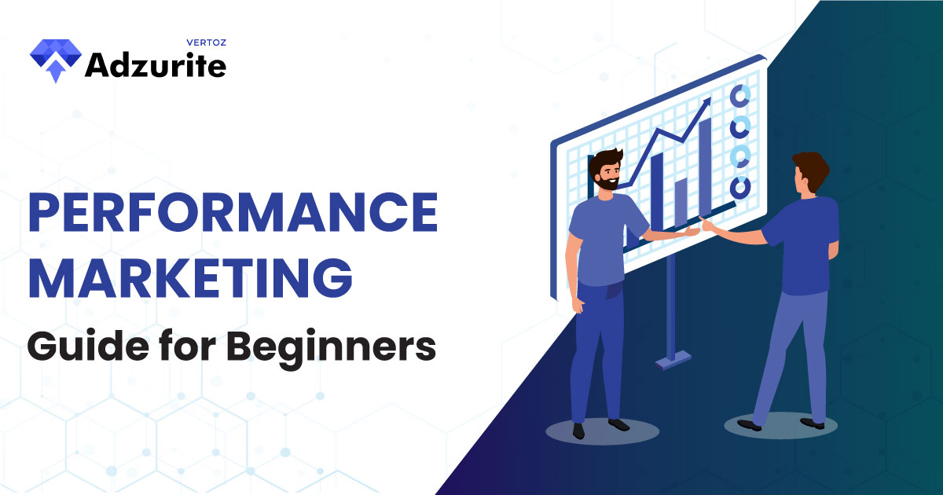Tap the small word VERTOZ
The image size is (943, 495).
coord(206,42)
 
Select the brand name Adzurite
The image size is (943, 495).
coord(156,66)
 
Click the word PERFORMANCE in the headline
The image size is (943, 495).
coord(233,212)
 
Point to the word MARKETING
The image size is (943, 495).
coord(190,278)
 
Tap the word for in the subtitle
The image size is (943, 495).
coord(188,345)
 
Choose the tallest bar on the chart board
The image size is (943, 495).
coord(706,166)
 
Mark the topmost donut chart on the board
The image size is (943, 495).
coord(739,96)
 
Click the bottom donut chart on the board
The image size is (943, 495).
coord(739,186)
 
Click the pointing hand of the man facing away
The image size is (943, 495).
coord(710,225)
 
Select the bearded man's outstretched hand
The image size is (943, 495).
coord(691,232)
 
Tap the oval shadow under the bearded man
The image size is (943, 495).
coord(603,431)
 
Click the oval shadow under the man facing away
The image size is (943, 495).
coord(781,426)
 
